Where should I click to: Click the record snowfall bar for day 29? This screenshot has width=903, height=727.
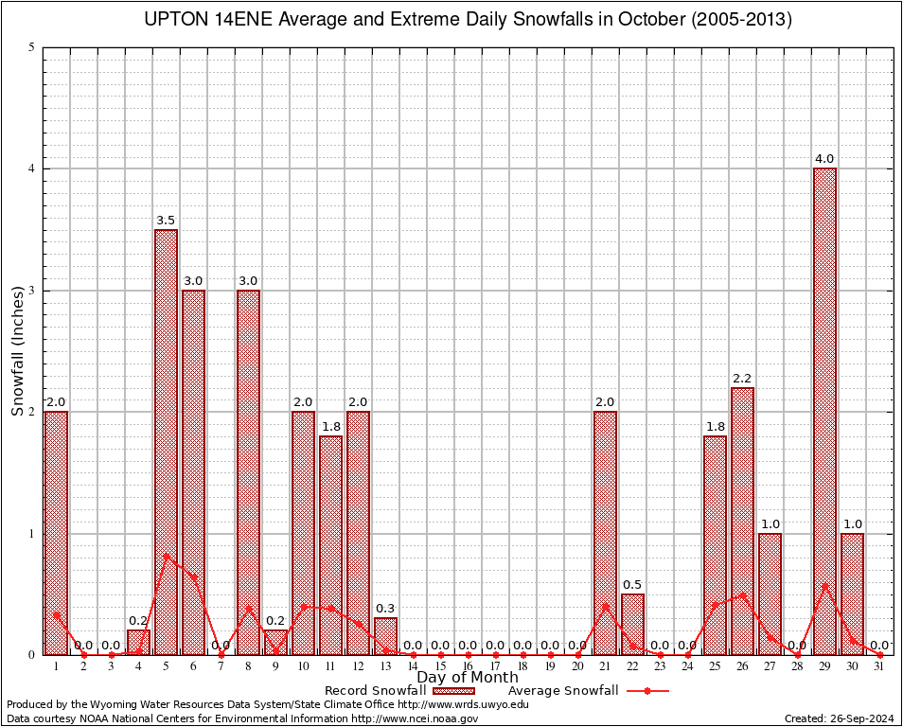824,412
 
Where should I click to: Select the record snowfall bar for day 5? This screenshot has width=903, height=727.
167,442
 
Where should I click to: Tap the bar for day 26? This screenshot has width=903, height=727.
742,521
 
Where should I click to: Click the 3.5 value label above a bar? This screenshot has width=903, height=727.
167,221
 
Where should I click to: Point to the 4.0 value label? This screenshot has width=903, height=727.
824,159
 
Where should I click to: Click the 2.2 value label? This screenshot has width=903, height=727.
742,379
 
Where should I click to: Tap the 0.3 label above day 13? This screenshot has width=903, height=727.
385,608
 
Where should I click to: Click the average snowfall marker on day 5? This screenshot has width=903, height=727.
167,557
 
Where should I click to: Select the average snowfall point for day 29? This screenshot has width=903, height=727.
824,585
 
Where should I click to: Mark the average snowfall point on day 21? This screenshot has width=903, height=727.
605,606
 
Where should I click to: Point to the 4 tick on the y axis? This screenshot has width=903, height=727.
32,168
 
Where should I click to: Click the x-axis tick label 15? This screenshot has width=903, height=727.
440,666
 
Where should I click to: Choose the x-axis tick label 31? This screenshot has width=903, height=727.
879,666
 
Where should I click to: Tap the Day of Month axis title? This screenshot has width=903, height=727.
467,678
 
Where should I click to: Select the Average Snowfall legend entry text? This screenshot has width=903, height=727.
562,691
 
